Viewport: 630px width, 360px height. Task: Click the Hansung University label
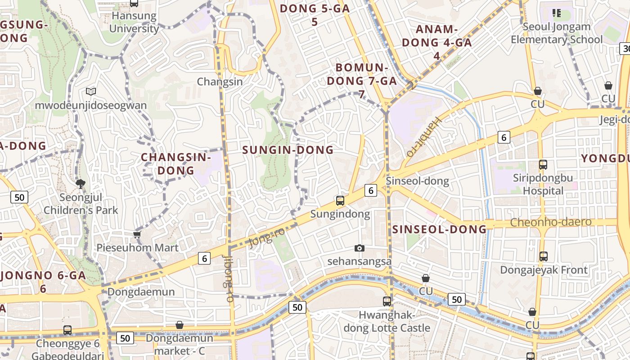tap(134, 22)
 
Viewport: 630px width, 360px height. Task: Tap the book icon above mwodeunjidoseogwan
tap(91, 92)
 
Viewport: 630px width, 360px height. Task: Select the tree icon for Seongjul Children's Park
tap(81, 183)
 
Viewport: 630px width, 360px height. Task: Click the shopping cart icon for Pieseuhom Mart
tap(137, 234)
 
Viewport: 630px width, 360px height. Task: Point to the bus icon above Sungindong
tap(340, 201)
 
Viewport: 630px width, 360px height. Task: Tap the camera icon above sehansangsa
tap(359, 248)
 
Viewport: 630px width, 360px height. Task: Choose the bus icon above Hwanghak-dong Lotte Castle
tap(387, 301)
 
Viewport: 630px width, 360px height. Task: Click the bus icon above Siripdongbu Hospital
tap(543, 165)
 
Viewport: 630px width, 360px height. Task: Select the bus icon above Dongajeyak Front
tap(544, 256)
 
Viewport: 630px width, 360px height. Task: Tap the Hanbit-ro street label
tap(423, 136)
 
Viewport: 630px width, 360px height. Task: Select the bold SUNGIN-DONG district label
tap(288, 150)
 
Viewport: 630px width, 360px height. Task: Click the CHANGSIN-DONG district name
tap(176, 164)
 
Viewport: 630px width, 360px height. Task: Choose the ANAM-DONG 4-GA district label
tap(436, 42)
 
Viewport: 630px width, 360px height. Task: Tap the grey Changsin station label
tap(220, 82)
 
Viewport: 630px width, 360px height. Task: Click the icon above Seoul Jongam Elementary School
tap(557, 13)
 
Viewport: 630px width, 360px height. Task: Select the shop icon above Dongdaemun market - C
tap(180, 325)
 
